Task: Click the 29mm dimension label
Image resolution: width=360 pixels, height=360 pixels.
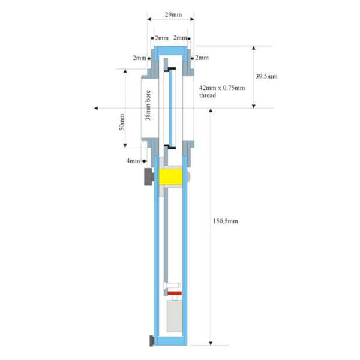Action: click(x=173, y=14)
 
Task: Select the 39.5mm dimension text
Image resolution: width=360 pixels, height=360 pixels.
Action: click(x=266, y=76)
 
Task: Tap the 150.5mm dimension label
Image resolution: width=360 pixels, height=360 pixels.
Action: click(x=226, y=221)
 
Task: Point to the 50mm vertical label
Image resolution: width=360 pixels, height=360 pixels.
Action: click(x=122, y=122)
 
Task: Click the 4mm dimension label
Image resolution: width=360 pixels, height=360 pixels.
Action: click(x=133, y=161)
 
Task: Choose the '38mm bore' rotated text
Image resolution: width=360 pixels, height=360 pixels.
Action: click(x=148, y=105)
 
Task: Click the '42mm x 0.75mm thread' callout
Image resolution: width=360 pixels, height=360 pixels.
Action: click(x=222, y=92)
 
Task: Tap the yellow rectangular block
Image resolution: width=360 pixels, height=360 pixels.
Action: click(x=170, y=177)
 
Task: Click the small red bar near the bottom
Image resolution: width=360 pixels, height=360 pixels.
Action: click(x=175, y=293)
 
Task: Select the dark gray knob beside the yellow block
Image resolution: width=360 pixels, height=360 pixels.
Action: click(x=149, y=176)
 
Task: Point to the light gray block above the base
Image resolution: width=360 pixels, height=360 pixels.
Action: click(x=175, y=316)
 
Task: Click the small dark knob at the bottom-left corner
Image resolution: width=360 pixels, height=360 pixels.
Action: click(x=152, y=341)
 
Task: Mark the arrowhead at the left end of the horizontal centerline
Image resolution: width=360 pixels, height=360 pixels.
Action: click(x=96, y=108)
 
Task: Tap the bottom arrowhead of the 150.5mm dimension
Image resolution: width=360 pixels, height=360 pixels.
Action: click(x=211, y=343)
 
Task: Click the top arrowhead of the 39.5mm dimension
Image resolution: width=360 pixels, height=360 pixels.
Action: click(x=254, y=48)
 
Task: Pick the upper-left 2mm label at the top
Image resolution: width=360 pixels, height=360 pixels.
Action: click(x=161, y=38)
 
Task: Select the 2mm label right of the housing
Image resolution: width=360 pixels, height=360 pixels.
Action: click(x=202, y=58)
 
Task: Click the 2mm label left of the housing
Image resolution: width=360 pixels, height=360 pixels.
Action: click(x=140, y=58)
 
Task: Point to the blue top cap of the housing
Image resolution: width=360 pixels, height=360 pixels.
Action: click(x=170, y=50)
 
